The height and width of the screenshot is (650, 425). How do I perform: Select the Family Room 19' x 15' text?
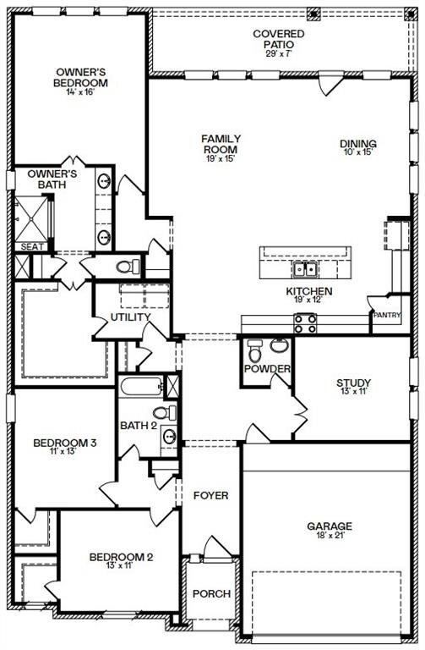click(222, 146)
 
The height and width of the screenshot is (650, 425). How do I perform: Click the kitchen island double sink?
click(305, 270)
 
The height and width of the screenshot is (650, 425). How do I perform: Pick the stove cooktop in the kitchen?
click(305, 322)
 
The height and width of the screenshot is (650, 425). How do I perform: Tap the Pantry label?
click(386, 315)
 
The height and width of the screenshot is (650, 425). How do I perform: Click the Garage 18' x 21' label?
click(330, 532)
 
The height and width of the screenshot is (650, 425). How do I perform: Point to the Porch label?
click(211, 593)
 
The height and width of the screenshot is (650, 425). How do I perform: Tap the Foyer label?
click(210, 494)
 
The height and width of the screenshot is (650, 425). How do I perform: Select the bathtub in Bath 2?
click(141, 388)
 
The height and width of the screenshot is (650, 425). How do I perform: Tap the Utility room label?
click(129, 317)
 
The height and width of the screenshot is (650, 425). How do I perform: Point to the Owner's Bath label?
click(52, 179)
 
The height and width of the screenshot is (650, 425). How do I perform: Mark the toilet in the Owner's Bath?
click(126, 267)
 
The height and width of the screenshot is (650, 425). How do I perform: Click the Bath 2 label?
click(138, 424)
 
